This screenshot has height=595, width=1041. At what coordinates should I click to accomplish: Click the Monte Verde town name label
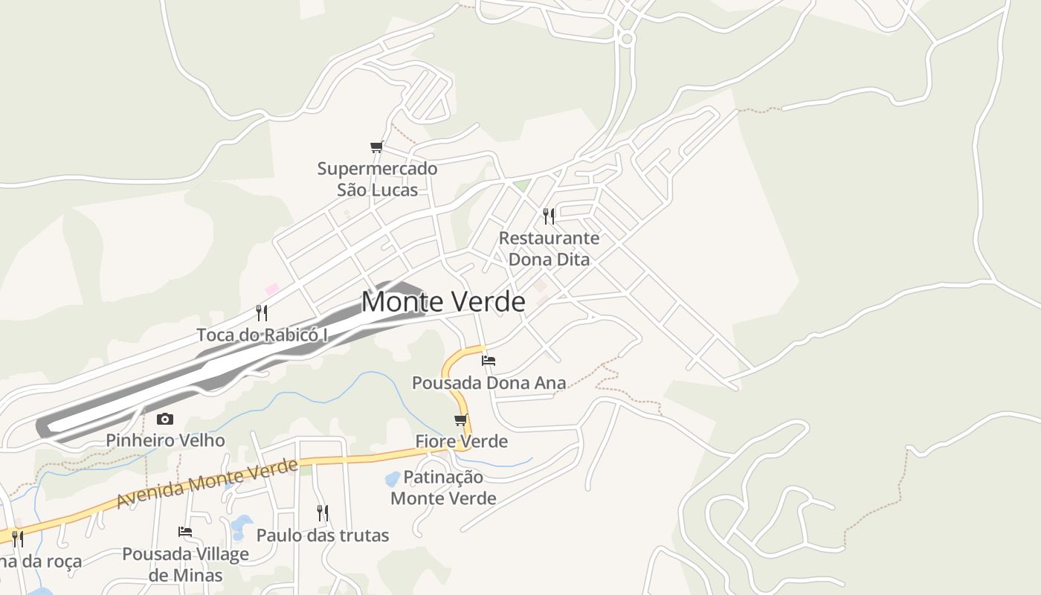coord(443,302)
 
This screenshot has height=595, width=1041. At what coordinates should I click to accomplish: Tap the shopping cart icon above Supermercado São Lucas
coord(377,147)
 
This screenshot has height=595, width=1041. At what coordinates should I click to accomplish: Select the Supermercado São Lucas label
coord(377,179)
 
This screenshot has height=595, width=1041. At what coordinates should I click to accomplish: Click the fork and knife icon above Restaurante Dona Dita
coord(549,216)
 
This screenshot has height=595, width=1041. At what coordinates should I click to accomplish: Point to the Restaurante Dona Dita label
coord(549,248)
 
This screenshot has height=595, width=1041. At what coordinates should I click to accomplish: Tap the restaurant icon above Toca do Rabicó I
coord(262,312)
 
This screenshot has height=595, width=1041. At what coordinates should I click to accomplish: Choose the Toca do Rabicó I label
coord(262,335)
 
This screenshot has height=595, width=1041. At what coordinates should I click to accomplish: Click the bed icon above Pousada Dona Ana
coord(489,361)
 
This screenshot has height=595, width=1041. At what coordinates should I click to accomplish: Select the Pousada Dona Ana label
coord(489,383)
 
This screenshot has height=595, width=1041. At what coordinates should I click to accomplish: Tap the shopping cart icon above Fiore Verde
coord(461,420)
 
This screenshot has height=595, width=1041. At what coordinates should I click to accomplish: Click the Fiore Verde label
coord(461,441)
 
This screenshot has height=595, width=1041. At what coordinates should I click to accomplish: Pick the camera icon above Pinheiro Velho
coord(165,419)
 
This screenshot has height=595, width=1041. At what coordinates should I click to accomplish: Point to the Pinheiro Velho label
coord(165,440)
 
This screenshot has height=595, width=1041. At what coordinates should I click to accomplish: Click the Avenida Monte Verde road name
coord(207,484)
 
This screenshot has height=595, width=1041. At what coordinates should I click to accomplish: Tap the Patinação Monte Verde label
coord(443,487)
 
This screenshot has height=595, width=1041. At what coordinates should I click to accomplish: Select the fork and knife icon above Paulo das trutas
coord(323,513)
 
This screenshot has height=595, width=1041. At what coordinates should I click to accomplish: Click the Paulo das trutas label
coord(323,535)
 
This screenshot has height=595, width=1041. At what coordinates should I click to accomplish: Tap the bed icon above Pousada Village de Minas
coord(185,532)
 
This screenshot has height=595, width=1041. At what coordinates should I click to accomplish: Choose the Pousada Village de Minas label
coord(185,565)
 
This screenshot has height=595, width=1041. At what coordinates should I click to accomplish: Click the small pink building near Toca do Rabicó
coord(271,289)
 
